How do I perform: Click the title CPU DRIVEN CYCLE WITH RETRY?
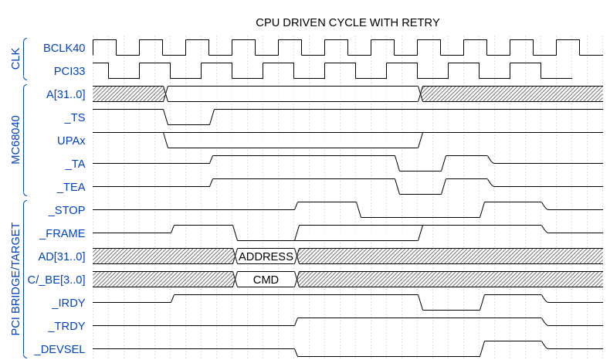[347, 22]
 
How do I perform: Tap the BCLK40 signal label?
[64, 48]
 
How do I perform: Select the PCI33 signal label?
[69, 71]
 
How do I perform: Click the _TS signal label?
[75, 117]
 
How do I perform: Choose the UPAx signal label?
[71, 141]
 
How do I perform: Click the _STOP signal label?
[67, 210]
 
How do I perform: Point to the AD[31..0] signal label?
[62, 256]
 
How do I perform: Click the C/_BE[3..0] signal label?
[56, 280]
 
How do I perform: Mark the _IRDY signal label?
[68, 303]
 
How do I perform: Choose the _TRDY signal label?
[67, 326]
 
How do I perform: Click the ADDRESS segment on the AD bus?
[266, 256]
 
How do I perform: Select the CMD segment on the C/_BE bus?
[266, 280]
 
